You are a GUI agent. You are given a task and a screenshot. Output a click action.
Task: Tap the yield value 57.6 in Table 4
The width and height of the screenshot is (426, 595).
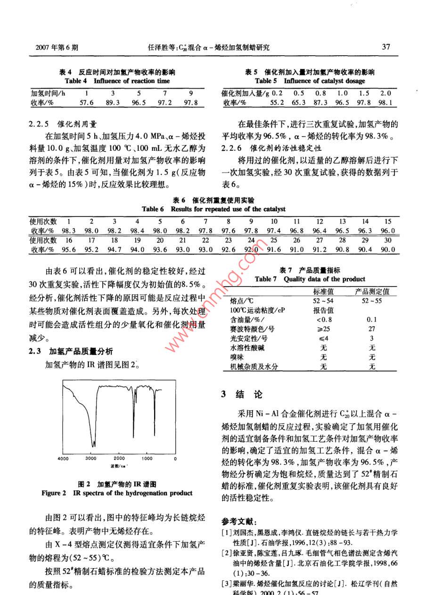click(86, 102)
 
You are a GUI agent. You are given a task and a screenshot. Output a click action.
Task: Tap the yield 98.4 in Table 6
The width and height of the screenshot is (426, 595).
click(137, 230)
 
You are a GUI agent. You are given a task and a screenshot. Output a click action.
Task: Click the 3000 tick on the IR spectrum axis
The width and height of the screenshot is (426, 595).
click(90, 458)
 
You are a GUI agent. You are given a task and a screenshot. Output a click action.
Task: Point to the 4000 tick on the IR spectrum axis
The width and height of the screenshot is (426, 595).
click(63, 458)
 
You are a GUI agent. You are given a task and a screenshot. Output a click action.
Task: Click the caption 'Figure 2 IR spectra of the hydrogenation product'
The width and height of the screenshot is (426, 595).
click(117, 493)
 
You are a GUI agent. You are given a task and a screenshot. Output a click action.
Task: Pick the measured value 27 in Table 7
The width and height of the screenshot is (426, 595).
click(372, 329)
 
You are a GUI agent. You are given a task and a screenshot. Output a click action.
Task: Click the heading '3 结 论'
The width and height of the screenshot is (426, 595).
click(242, 395)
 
